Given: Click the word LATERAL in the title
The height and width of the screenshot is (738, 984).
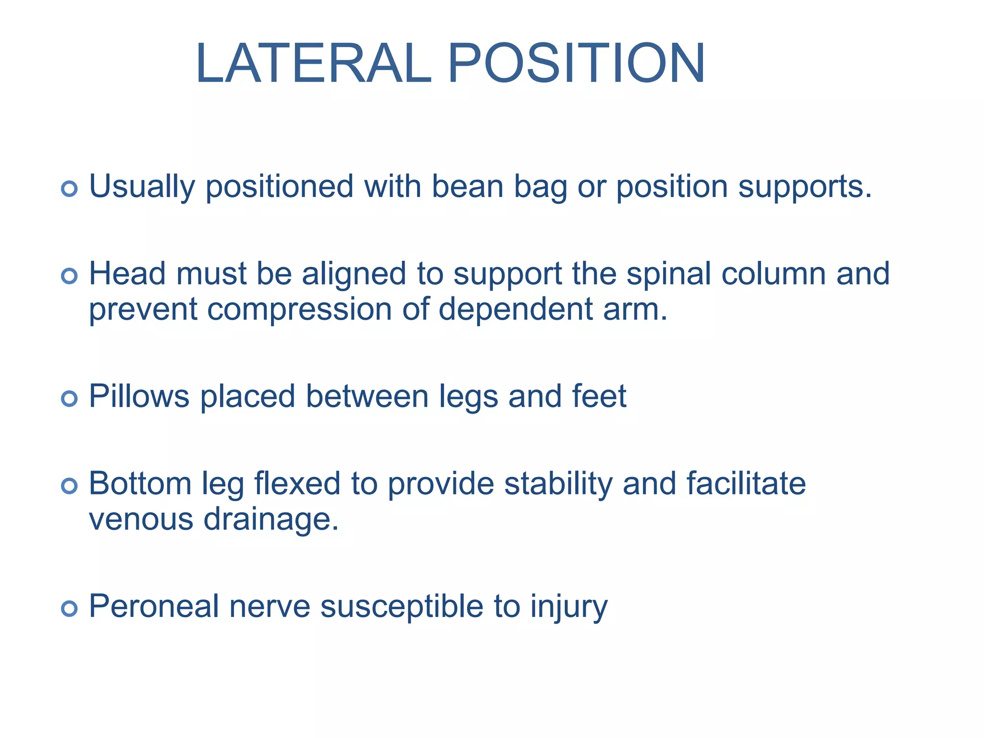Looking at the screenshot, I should point(313,64).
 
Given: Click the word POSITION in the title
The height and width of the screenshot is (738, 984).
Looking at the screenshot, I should point(576,64).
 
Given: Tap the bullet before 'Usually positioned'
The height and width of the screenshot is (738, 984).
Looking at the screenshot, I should point(70,188).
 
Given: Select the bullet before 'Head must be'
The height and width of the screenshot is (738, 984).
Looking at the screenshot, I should point(70,276).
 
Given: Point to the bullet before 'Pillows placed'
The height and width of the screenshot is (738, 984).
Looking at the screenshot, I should point(70,398).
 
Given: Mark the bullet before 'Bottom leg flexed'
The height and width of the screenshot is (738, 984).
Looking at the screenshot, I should point(70,486).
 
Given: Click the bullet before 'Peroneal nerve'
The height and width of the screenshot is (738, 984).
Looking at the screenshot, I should point(70,608).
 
